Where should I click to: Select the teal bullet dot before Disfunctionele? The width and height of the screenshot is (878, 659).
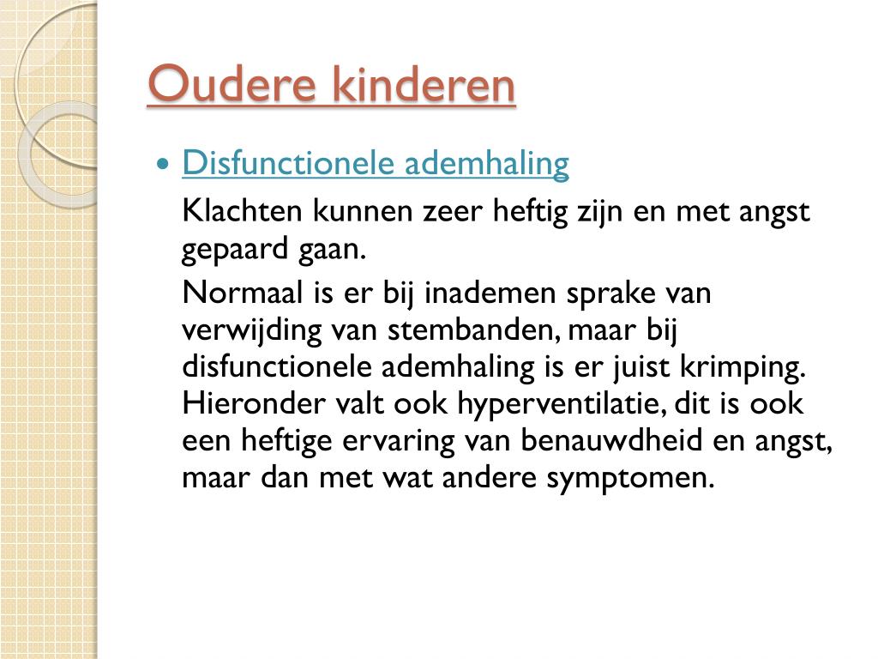[163, 164]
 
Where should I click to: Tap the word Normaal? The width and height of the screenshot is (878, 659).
[242, 293]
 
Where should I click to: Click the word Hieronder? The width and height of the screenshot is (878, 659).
[254, 403]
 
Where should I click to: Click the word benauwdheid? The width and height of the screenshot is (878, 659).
[610, 440]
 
